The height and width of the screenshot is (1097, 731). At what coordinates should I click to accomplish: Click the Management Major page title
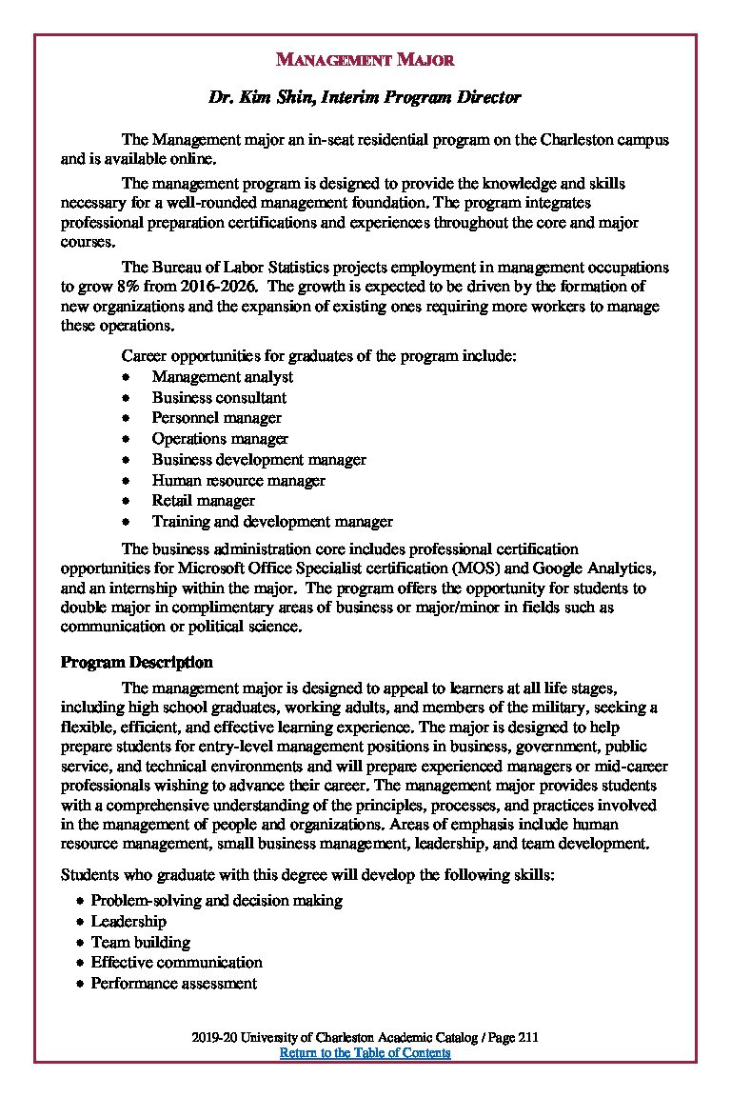pos(365,60)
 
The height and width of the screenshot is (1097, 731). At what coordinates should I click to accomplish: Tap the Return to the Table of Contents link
pos(365,1052)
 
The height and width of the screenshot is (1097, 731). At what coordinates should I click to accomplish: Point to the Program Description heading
pos(136,662)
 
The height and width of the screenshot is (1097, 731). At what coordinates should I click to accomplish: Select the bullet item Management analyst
pos(222,376)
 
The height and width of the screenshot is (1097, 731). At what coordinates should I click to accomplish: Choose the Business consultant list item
pos(219,397)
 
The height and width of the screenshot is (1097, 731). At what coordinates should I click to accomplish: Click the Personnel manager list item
pos(216,418)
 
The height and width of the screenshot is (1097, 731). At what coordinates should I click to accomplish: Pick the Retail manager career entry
pos(203,501)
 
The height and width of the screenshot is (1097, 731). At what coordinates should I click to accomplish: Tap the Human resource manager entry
pos(238,480)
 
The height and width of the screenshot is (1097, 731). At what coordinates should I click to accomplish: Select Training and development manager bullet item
pos(272,522)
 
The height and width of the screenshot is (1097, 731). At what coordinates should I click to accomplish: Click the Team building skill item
pos(140,942)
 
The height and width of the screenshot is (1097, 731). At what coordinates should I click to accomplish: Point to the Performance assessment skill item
pos(173,983)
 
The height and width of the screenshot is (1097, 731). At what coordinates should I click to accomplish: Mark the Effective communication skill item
pos(176,962)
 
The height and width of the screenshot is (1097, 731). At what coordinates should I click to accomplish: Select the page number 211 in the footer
pos(529,1038)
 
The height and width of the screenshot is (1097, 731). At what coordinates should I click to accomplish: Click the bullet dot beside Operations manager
pos(126,439)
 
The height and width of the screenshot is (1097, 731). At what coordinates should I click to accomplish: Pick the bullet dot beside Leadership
pos(80,922)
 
